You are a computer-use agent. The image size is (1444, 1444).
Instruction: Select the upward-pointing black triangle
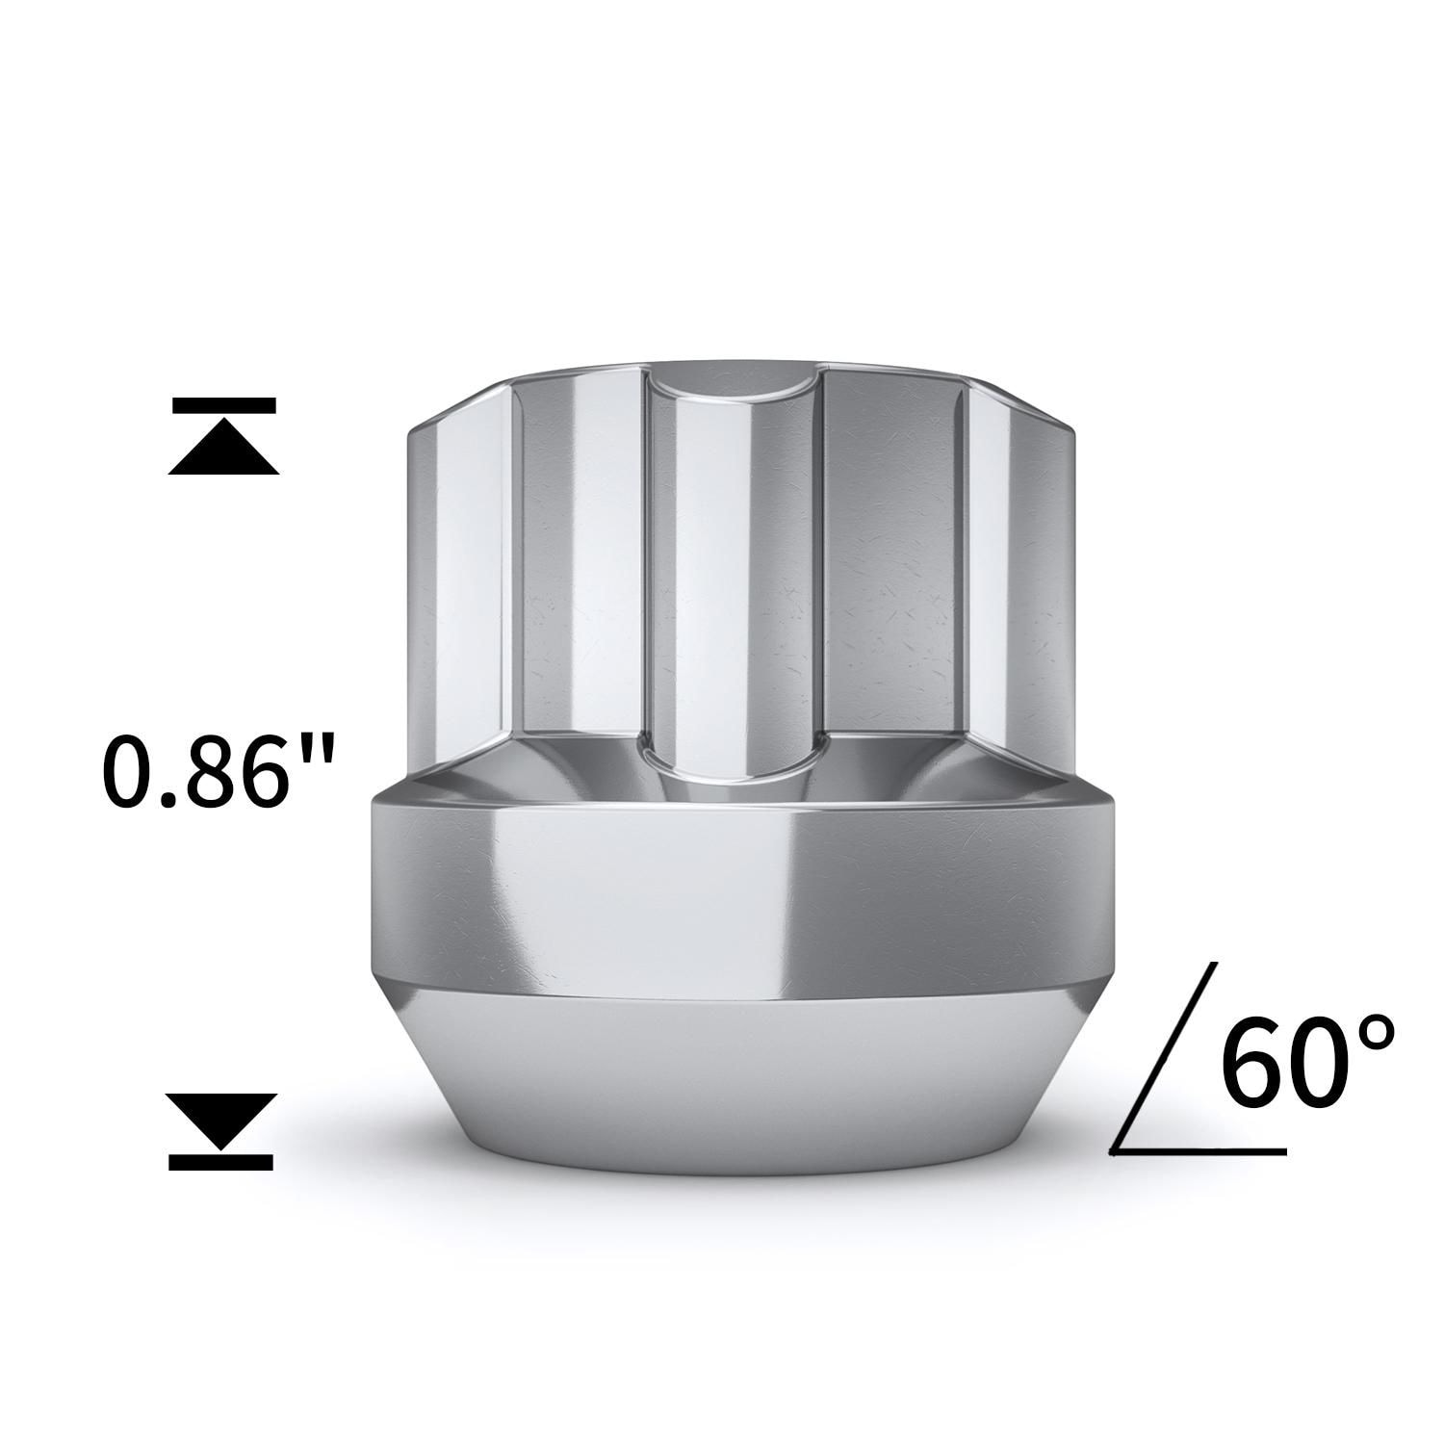click(223, 451)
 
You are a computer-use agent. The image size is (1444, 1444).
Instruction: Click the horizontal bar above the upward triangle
click(223, 404)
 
